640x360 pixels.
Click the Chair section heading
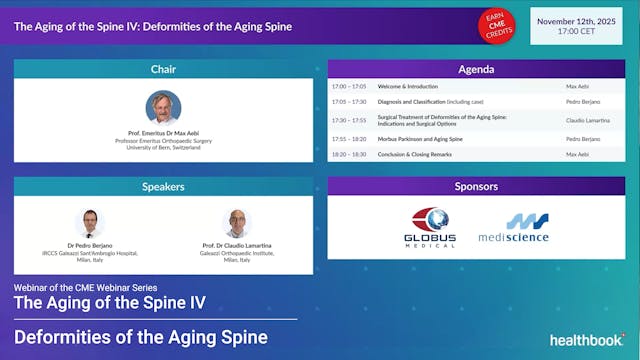tap(163, 68)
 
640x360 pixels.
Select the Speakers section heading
tap(163, 186)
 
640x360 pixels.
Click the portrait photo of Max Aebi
tap(163, 107)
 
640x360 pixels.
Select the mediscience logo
tap(526, 227)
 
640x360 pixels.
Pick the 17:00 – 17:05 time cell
tap(349, 87)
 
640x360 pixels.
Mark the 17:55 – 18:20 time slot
tap(349, 139)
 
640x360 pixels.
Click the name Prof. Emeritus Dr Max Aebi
tap(163, 131)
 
